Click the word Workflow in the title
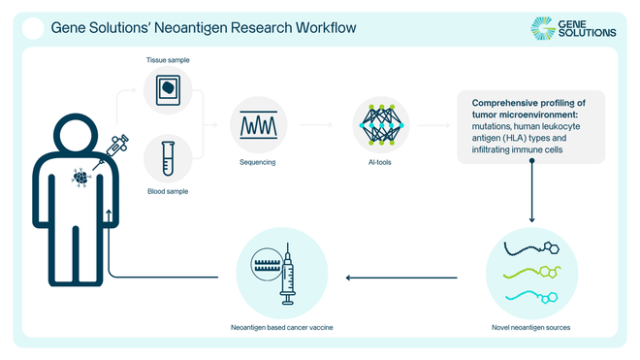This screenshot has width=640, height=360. (x=323, y=28)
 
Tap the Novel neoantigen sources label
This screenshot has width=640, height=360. (x=531, y=328)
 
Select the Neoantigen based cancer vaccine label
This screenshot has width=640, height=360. (x=283, y=328)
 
